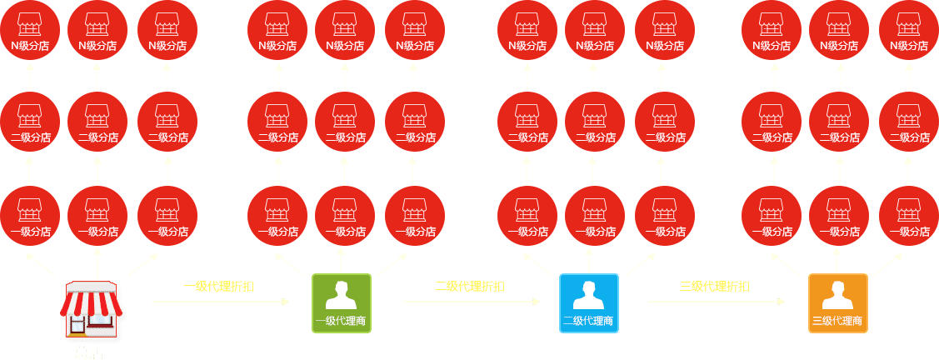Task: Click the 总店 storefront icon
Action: pos(92,312)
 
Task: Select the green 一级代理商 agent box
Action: pos(342,303)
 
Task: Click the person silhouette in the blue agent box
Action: pos(589,294)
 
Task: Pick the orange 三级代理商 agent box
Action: pos(837,303)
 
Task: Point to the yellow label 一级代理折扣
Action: pos(219,287)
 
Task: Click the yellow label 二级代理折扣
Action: pos(469,287)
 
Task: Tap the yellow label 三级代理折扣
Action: pos(714,287)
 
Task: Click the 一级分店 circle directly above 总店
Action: pos(97,216)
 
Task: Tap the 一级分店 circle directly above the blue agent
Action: pos(594,216)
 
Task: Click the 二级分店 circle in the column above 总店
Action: pos(97,122)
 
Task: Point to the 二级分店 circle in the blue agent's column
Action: pos(594,122)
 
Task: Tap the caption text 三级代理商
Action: pos(837,321)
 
